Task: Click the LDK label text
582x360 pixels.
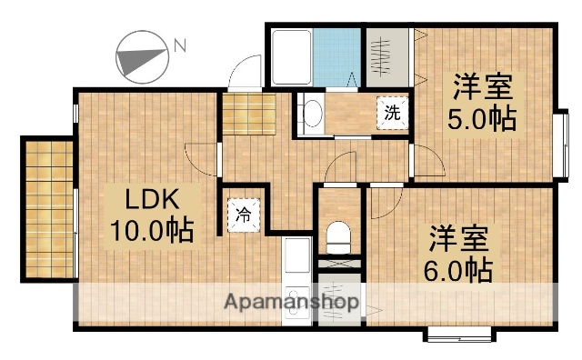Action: (150, 199)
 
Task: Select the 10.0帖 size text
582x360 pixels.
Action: (152, 230)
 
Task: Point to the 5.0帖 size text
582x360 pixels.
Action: (481, 119)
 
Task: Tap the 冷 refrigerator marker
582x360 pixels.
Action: (243, 216)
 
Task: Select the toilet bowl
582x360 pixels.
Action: (337, 238)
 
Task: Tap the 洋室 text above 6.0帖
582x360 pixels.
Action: (458, 239)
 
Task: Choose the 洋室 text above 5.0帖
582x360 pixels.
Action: (483, 89)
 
